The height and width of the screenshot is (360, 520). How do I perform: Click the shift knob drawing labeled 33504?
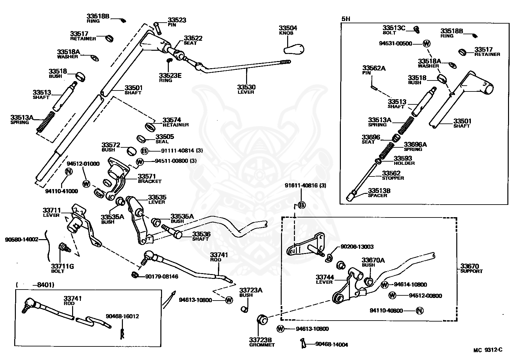pos(294,49)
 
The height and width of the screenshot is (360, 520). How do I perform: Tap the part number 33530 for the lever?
pos(246,87)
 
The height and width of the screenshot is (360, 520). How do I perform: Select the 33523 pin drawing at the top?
pos(157,28)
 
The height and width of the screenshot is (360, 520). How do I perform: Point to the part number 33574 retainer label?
pos(171,120)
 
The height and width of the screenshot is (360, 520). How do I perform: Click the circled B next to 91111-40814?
pos(145,151)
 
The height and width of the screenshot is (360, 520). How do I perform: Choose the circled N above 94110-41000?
pos(69,171)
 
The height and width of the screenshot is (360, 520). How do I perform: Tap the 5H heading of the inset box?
pos(346,19)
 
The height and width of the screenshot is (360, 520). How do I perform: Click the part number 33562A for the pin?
pos(374,68)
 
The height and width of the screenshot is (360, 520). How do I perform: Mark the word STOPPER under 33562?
pos(393,178)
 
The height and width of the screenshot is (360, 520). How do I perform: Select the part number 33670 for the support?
pos(470,266)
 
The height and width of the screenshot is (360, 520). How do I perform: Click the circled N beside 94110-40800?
pos(419,311)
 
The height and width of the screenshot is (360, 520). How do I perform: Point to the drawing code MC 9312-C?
pos(488,350)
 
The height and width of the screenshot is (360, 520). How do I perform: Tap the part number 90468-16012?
pos(122,316)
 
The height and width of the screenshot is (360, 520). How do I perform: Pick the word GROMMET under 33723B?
pos(262,345)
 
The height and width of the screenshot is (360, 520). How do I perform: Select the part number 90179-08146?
pos(162,277)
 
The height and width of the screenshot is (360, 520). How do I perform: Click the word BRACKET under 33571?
pos(149,181)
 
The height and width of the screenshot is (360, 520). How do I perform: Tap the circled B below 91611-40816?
pos(301,205)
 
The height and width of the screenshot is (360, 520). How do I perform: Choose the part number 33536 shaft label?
pos(201,234)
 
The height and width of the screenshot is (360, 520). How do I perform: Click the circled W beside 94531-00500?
pos(427,43)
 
